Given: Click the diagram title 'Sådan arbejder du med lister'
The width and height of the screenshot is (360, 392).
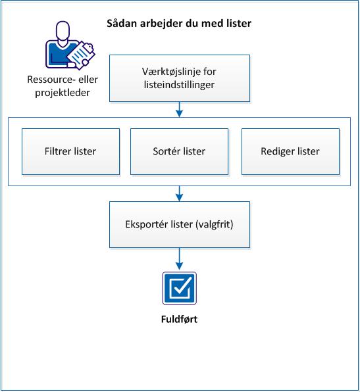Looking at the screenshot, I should [179, 24].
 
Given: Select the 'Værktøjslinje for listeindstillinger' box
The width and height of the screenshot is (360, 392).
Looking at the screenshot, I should [179, 78].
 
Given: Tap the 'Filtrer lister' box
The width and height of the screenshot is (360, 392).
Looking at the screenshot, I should [71, 151].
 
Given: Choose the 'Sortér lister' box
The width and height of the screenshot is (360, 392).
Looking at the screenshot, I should [179, 151].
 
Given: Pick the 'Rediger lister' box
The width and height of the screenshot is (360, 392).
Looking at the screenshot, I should [290, 151].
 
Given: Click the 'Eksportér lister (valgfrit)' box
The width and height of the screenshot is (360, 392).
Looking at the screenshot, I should [179, 224].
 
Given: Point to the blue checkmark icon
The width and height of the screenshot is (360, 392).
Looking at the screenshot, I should [179, 287].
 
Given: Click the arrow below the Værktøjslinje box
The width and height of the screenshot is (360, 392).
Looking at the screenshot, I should [179, 109].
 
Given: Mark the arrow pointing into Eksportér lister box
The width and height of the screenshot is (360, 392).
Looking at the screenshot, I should [179, 193].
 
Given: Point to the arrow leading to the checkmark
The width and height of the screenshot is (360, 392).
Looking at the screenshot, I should [179, 258].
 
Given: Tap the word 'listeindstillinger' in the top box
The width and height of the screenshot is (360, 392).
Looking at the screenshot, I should [179, 85].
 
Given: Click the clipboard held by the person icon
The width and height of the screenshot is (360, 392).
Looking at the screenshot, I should [80, 54].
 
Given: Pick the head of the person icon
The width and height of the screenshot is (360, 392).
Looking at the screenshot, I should [63, 32].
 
